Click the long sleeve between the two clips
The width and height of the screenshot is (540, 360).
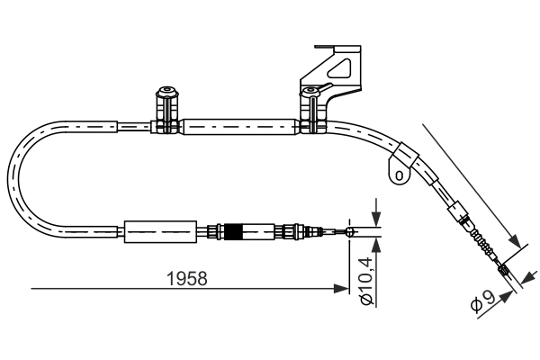click(238, 128)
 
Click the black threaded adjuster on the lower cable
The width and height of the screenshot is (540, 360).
click(233, 233)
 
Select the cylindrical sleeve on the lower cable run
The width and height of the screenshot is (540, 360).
click(159, 232)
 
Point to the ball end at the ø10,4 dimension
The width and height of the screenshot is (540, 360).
click(352, 233)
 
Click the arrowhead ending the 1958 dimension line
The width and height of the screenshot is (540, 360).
click(342, 289)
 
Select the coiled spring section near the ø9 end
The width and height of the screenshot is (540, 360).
click(482, 246)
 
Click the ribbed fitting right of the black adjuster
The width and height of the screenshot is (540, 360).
click(292, 233)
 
